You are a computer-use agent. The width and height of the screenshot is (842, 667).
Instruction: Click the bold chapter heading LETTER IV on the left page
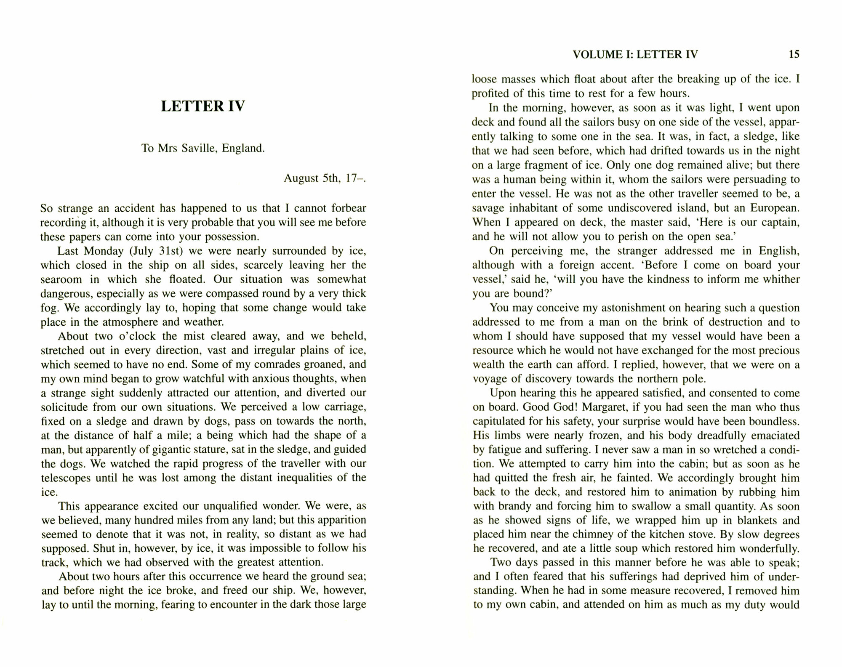pos(203,106)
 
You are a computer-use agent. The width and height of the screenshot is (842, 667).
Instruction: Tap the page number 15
pos(794,54)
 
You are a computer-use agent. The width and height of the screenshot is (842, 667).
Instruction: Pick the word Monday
pos(103,251)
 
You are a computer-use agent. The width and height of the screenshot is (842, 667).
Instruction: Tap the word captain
pos(779,223)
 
